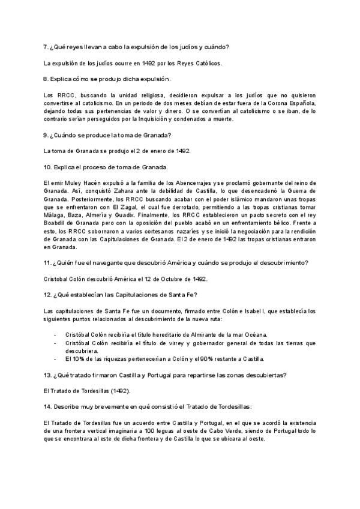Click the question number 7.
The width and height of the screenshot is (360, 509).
47,47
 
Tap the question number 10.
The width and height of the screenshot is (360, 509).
48,166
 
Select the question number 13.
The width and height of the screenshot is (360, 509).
48,375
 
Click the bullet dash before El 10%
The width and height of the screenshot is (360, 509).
56,359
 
